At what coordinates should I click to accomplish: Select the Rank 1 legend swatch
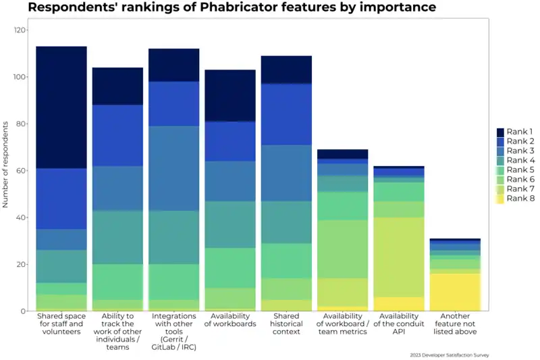(501, 132)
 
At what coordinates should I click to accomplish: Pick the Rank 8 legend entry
(520, 198)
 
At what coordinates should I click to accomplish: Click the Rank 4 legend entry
(520, 160)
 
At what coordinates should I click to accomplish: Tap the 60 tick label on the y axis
(22, 171)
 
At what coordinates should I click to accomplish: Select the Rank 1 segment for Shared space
(61, 107)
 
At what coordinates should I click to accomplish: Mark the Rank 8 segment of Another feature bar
(454, 292)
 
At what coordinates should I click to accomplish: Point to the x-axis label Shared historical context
(286, 324)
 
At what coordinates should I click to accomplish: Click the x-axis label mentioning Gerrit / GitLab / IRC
(174, 332)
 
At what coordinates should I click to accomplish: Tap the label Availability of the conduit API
(398, 324)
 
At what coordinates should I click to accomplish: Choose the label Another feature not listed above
(454, 324)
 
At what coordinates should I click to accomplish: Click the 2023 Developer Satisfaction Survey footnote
(449, 355)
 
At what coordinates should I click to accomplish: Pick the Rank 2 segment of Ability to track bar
(118, 135)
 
